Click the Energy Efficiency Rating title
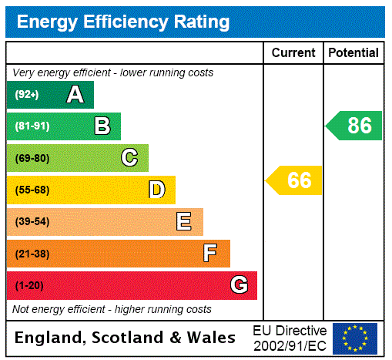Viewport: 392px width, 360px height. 122,22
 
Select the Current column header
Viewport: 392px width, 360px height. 293,53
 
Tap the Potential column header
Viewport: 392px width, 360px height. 353,53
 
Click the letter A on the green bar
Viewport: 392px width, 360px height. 75,95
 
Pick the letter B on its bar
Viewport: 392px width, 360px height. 102,126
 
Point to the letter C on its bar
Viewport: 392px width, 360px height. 129,158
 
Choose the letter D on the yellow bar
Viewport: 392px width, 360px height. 156,190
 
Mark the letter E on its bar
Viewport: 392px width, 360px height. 184,222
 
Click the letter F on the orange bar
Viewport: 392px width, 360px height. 210,254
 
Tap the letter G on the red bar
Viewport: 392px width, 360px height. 239,285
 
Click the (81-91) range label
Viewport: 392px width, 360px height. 32,126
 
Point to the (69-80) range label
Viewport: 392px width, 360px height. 32,158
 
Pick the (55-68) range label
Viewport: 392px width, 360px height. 32,190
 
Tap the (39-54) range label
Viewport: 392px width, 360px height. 32,222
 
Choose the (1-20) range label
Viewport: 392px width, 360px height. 29,286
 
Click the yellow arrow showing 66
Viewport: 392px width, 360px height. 295,180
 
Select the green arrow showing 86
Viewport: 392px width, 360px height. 355,126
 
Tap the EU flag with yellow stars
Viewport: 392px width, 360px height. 355,338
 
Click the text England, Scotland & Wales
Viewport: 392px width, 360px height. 126,338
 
